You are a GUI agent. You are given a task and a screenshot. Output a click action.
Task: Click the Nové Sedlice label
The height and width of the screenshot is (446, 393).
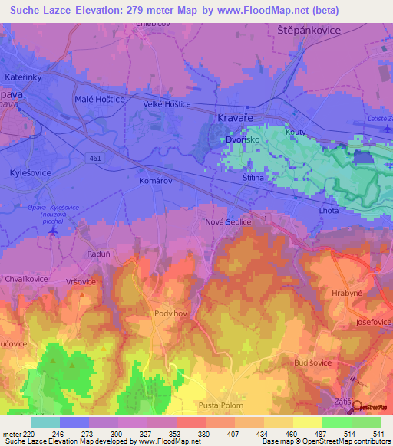229,221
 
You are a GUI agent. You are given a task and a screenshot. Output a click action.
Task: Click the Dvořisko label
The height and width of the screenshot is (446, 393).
243,140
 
